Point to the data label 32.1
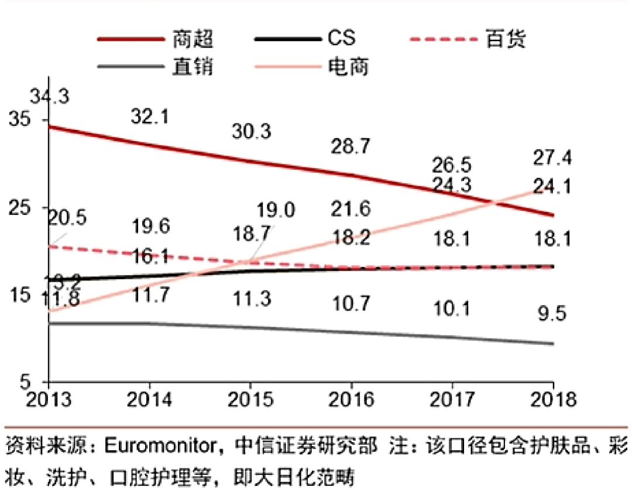tap(150, 117)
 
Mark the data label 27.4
tap(552, 158)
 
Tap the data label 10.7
tap(350, 303)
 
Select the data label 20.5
tap(67, 218)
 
